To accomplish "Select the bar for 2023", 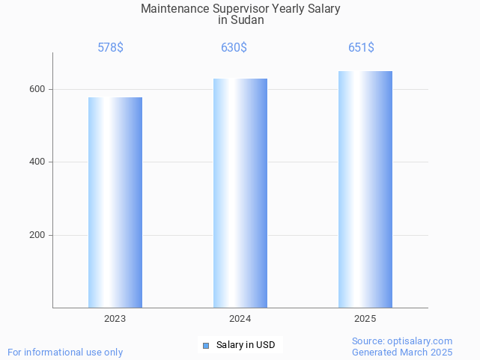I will (x=115, y=202).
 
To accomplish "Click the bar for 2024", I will (x=240, y=193).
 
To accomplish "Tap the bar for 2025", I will (x=365, y=189).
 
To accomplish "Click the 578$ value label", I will (x=111, y=48).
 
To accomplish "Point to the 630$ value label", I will (x=234, y=48).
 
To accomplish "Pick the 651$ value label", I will (x=361, y=48).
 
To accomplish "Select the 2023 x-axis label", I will (x=115, y=319).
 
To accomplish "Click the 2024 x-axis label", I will (x=240, y=319).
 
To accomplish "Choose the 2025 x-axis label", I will (x=365, y=319).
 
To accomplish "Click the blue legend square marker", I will (x=206, y=345).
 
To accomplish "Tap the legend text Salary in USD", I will (x=246, y=345).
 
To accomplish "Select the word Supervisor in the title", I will (x=242, y=9).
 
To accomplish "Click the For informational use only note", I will (x=65, y=352).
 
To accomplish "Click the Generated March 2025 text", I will (x=402, y=352).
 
